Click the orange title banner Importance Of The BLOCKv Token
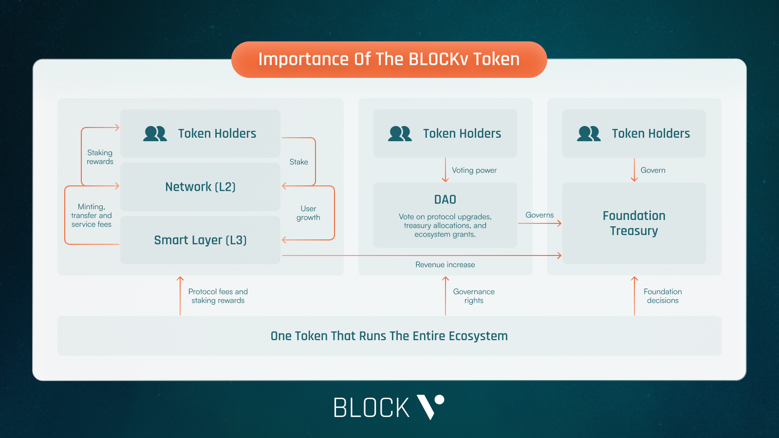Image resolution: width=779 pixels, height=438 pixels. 389,59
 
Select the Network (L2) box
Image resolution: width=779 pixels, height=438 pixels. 200,187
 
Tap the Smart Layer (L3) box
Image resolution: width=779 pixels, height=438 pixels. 200,240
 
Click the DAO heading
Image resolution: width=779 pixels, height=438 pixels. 445,200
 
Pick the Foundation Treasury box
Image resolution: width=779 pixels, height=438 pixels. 634,223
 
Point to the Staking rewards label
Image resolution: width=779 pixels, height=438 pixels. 100,157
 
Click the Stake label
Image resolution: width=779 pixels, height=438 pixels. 298,162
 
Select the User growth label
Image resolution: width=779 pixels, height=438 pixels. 308,213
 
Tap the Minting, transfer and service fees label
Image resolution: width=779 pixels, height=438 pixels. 92,216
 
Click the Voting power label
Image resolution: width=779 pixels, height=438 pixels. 474,170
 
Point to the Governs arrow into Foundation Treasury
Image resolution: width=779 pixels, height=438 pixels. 540,223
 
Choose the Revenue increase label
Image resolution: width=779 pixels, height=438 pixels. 445,265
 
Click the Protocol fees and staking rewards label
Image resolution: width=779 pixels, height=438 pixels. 218,296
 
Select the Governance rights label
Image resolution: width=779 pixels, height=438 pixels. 474,296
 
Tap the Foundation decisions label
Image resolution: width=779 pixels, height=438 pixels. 663,296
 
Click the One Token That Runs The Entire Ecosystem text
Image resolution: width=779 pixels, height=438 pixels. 389,336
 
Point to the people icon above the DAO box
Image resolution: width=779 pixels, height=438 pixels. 400,133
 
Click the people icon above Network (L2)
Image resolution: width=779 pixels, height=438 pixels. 155,133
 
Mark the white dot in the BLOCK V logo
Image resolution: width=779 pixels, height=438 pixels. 439,400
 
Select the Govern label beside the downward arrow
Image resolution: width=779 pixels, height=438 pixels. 653,170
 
